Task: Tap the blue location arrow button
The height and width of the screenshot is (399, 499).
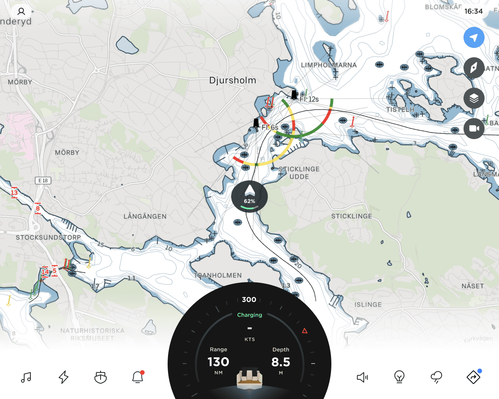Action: pyautogui.click(x=474, y=38)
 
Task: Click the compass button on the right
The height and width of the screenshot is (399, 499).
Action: pyautogui.click(x=474, y=68)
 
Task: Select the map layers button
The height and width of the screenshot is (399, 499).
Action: pyautogui.click(x=474, y=98)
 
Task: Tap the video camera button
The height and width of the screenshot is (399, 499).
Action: pyautogui.click(x=474, y=129)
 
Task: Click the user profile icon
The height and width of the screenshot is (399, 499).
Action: pyautogui.click(x=21, y=11)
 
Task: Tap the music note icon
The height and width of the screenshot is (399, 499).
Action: pyautogui.click(x=26, y=377)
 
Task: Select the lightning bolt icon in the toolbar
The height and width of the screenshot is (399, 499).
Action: pyautogui.click(x=64, y=377)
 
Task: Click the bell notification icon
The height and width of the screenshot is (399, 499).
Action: pyautogui.click(x=138, y=377)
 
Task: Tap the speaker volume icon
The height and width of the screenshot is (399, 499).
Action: pyautogui.click(x=362, y=377)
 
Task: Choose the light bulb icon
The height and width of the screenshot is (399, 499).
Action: pyautogui.click(x=399, y=377)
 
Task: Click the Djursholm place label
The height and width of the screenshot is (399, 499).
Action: pyautogui.click(x=233, y=80)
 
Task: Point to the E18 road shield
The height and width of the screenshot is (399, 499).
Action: pyautogui.click(x=43, y=180)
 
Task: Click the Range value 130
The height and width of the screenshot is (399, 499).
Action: pyautogui.click(x=218, y=362)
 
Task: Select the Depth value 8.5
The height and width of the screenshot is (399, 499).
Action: pyautogui.click(x=281, y=362)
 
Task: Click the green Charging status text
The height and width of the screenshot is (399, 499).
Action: pyautogui.click(x=249, y=315)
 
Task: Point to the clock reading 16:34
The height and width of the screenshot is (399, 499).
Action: pyautogui.click(x=473, y=11)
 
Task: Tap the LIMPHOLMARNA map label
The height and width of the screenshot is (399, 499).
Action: pyautogui.click(x=329, y=65)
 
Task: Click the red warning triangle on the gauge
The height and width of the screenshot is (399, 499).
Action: pyautogui.click(x=305, y=331)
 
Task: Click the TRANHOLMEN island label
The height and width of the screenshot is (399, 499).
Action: pyautogui.click(x=218, y=275)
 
